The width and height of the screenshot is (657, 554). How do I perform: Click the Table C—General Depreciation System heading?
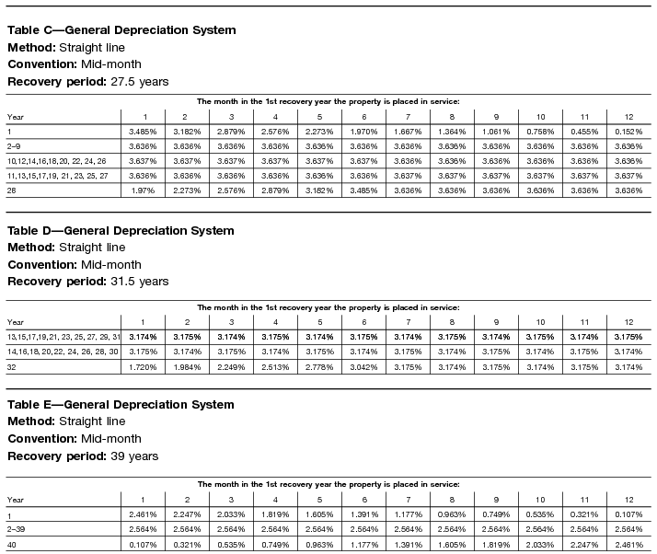[x=121, y=30]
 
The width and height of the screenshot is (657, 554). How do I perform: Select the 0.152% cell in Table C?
[x=628, y=132]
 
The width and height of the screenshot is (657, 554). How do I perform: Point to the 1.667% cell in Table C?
[x=408, y=132]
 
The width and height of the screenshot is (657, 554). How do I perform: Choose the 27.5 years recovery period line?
[x=88, y=81]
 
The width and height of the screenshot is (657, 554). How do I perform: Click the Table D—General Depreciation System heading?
[x=121, y=230]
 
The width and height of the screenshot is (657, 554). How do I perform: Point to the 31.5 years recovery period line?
[x=88, y=281]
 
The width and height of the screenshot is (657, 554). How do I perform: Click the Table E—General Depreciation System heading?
[x=121, y=405]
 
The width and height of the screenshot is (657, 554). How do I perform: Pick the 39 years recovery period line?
[x=83, y=456]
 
